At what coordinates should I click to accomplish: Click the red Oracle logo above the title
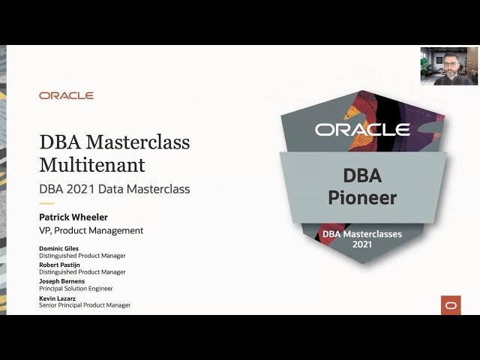(66, 96)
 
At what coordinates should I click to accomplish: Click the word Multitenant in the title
(92, 164)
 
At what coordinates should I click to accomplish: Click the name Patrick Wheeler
(73, 217)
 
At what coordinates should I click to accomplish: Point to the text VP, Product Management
(91, 231)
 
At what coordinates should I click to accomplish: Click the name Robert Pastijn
(61, 265)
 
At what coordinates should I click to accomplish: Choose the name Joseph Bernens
(62, 281)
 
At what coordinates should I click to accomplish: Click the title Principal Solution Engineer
(76, 288)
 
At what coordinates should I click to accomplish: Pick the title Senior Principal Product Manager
(85, 305)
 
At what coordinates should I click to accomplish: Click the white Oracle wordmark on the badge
(362, 130)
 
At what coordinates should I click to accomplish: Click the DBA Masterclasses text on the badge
(362, 234)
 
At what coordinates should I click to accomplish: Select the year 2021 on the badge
(362, 244)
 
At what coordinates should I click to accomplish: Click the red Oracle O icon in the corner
(451, 304)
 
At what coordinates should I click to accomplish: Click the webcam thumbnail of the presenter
(448, 66)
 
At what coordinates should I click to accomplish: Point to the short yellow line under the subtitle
(46, 203)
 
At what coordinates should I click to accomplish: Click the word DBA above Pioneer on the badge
(362, 176)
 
